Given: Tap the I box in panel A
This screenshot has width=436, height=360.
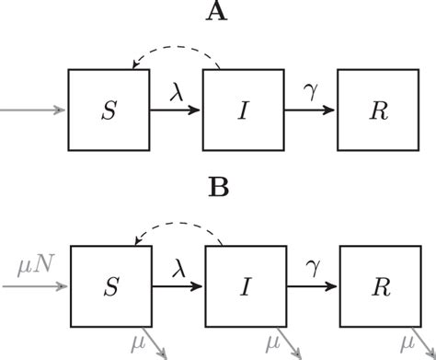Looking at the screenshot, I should [x=244, y=110].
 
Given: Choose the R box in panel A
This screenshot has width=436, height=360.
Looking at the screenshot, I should [x=378, y=110].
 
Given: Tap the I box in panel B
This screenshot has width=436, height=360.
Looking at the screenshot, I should [x=244, y=287].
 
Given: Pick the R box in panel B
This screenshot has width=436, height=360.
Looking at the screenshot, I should [x=378, y=287].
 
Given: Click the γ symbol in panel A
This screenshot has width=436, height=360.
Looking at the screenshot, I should [x=311, y=90].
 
